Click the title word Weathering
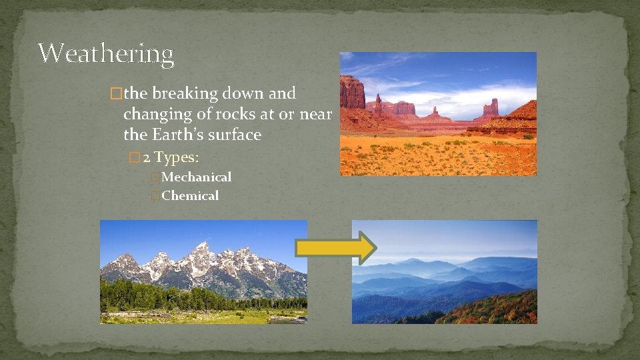point(105,53)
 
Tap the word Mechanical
point(196,177)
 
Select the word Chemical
point(190,196)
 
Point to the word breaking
point(194,94)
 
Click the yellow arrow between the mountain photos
point(336,248)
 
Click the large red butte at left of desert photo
point(352,93)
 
